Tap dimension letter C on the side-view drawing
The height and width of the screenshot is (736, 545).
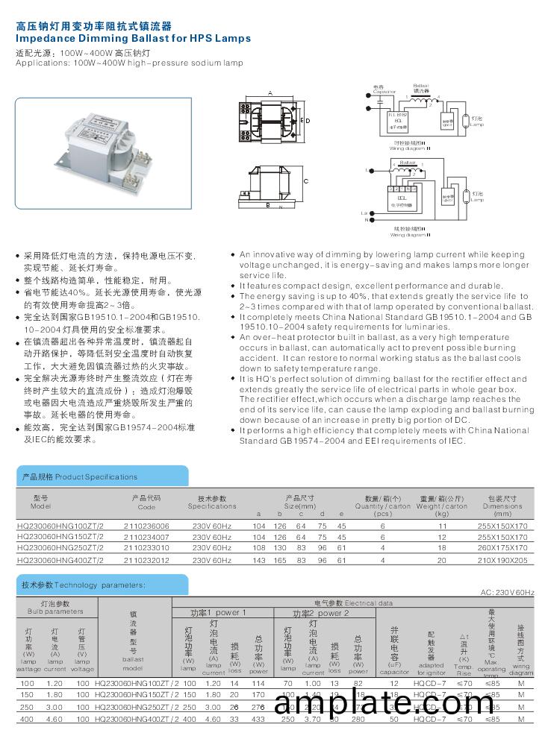pyautogui.click(x=306, y=181)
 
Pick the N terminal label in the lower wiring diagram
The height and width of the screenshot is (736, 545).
pyautogui.click(x=367, y=220)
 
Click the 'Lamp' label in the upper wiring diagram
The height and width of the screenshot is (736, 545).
pyautogui.click(x=478, y=125)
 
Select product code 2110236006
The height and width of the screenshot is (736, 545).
pyautogui.click(x=146, y=525)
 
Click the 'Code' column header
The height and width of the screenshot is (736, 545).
pyautogui.click(x=146, y=507)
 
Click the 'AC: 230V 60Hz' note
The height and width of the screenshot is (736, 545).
pyautogui.click(x=507, y=592)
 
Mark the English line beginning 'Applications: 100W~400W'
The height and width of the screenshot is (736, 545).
pyautogui.click(x=129, y=63)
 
